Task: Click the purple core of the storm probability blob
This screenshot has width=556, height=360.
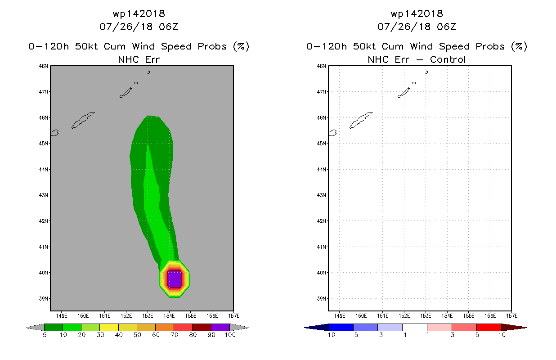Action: click(x=175, y=279)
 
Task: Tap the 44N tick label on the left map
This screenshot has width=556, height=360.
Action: click(x=43, y=170)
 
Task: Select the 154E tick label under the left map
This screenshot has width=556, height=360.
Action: click(x=169, y=316)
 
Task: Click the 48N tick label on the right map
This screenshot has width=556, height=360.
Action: click(x=321, y=66)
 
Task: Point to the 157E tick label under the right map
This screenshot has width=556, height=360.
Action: click(x=511, y=316)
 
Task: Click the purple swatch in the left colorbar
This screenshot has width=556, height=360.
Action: click(x=220, y=328)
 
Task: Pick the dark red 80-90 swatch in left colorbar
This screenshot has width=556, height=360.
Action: click(x=202, y=328)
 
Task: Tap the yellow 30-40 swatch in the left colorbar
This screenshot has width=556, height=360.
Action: click(x=109, y=328)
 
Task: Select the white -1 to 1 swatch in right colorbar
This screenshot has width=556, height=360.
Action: click(x=414, y=328)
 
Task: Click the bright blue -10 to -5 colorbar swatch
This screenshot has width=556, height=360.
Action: click(x=341, y=328)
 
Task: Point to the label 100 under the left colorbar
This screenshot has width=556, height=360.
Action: click(x=230, y=335)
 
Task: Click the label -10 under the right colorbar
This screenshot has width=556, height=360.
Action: click(x=329, y=335)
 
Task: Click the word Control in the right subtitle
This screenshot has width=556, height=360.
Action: click(x=448, y=60)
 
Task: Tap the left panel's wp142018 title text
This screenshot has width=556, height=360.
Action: click(x=139, y=14)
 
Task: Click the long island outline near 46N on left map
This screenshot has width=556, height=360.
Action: click(x=83, y=120)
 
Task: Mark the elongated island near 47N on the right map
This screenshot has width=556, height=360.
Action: click(x=404, y=92)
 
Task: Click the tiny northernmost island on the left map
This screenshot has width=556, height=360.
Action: click(x=148, y=72)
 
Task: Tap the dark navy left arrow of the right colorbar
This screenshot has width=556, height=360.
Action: click(x=316, y=328)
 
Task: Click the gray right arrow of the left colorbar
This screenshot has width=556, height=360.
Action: click(x=239, y=328)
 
